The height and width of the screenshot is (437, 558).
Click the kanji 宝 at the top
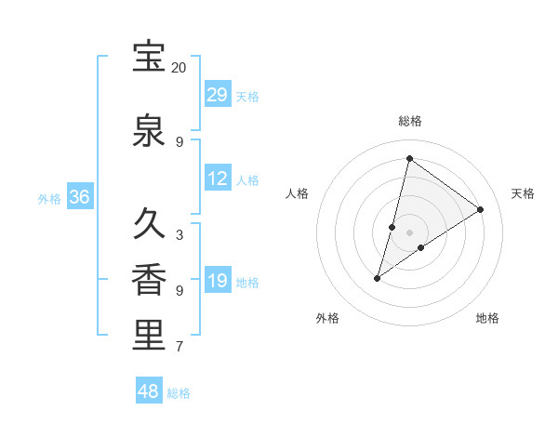click(x=149, y=58)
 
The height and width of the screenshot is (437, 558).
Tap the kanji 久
click(x=149, y=225)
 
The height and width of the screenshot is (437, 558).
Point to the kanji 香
click(x=149, y=280)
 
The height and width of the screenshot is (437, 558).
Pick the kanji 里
click(x=149, y=336)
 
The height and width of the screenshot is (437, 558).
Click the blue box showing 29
click(x=218, y=95)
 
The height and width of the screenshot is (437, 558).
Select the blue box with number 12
click(x=218, y=179)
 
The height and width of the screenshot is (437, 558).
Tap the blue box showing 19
click(x=218, y=281)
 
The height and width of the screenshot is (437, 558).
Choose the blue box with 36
click(x=80, y=197)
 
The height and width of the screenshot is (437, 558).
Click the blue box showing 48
click(x=149, y=391)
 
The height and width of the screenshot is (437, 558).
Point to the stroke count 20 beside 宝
click(x=179, y=68)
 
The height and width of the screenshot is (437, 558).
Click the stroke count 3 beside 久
click(x=179, y=235)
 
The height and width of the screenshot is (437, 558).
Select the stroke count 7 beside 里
click(x=179, y=347)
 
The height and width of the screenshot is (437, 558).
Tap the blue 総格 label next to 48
click(x=179, y=393)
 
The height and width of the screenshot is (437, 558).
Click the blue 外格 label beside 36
click(x=49, y=198)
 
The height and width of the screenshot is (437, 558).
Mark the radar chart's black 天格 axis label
click(x=523, y=193)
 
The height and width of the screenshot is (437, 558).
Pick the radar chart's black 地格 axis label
click(x=487, y=318)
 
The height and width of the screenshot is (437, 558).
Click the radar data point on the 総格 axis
click(x=409, y=158)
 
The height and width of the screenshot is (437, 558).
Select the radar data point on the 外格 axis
click(x=378, y=277)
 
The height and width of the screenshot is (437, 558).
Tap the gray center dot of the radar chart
click(x=409, y=232)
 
